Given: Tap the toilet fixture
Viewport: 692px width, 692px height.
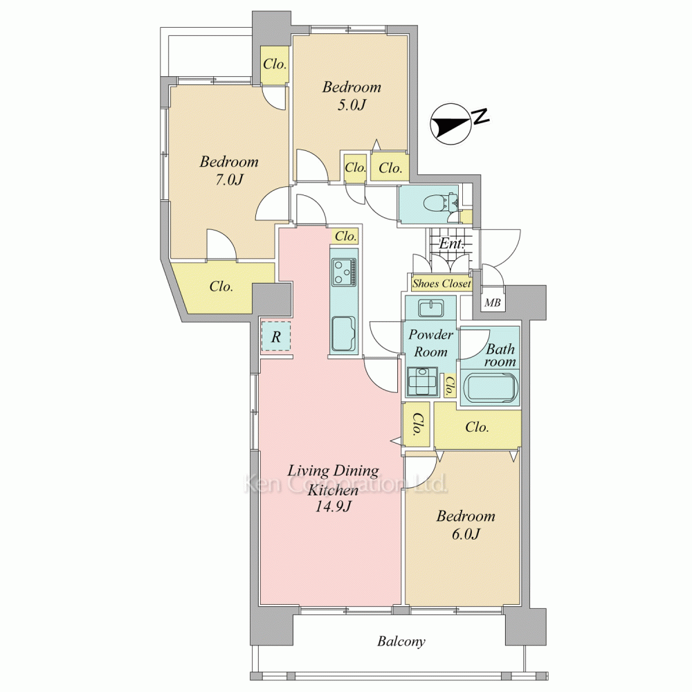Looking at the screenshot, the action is point(437,204).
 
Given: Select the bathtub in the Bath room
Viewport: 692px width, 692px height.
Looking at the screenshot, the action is point(491,388).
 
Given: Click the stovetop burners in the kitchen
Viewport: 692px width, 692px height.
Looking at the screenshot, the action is point(344,272).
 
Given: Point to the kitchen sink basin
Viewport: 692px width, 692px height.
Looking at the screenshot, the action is point(344,334).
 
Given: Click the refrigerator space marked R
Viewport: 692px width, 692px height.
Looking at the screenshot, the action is point(276,337).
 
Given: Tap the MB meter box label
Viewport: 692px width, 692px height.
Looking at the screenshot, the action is point(493,303).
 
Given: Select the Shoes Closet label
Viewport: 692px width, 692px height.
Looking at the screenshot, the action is point(441,283).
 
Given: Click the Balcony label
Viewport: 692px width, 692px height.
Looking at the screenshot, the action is point(401,641).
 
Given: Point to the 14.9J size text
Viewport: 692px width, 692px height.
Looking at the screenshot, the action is point(333,507).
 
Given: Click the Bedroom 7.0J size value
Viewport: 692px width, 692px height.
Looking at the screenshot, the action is point(229,180).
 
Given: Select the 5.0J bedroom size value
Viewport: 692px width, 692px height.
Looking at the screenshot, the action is point(352,105).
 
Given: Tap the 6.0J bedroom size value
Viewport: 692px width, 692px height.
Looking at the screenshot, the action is point(466,534).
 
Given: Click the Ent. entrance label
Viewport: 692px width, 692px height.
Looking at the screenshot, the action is point(451,243).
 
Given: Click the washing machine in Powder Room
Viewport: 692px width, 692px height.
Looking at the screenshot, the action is point(423,381).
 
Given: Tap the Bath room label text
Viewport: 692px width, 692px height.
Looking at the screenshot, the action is point(500,355).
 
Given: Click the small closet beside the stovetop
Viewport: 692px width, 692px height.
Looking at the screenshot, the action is point(345,236).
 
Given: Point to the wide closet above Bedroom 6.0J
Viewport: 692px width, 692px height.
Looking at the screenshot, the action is point(477,427).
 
